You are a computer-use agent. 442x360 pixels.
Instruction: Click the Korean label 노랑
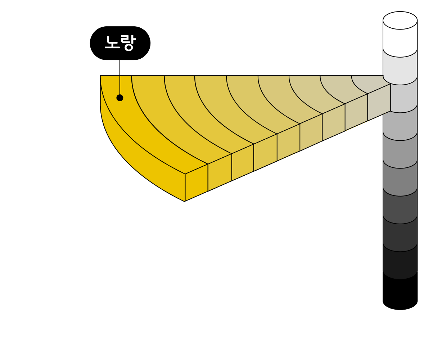click(120, 43)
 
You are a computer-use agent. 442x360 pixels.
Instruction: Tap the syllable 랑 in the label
click(128, 43)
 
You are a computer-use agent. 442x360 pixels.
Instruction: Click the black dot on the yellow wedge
click(120, 98)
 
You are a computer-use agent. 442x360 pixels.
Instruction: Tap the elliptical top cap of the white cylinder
click(400, 21)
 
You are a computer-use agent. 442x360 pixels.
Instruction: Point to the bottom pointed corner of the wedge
click(185, 201)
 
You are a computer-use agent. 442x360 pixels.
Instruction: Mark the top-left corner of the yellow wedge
click(101, 77)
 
